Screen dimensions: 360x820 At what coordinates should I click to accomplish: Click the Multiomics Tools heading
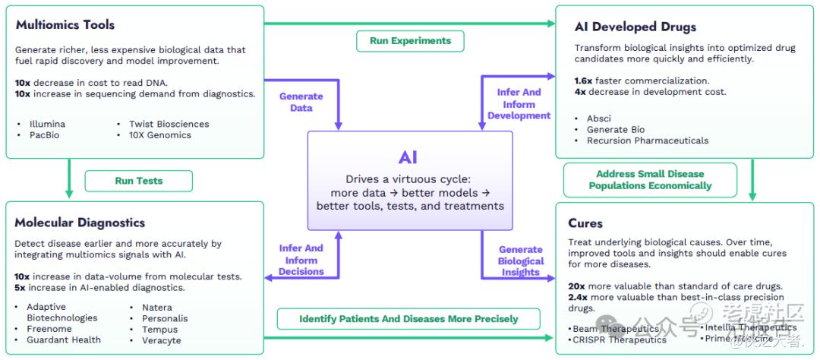[65, 25]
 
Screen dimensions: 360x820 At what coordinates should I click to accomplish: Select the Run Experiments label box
[410, 41]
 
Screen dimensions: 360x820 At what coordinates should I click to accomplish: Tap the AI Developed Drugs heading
[635, 27]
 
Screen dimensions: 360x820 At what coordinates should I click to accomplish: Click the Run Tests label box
[138, 181]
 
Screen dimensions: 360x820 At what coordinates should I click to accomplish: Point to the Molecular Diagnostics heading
[80, 223]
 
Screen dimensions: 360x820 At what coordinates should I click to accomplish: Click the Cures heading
[585, 223]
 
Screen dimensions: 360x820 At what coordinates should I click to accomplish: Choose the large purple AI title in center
[408, 157]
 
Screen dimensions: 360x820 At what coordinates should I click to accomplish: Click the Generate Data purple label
[301, 103]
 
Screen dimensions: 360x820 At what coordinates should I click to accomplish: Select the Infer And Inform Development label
[519, 104]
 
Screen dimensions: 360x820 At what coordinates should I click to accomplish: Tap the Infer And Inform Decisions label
[301, 260]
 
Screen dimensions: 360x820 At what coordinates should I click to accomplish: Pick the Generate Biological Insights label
[521, 261]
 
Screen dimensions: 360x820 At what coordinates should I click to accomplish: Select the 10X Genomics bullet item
[159, 135]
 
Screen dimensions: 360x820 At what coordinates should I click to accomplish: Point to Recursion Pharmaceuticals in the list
[648, 141]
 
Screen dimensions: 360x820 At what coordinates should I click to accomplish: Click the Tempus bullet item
[159, 329]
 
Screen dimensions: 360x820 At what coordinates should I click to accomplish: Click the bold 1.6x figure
[583, 81]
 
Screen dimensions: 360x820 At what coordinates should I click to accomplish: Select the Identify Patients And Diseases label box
[408, 319]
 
